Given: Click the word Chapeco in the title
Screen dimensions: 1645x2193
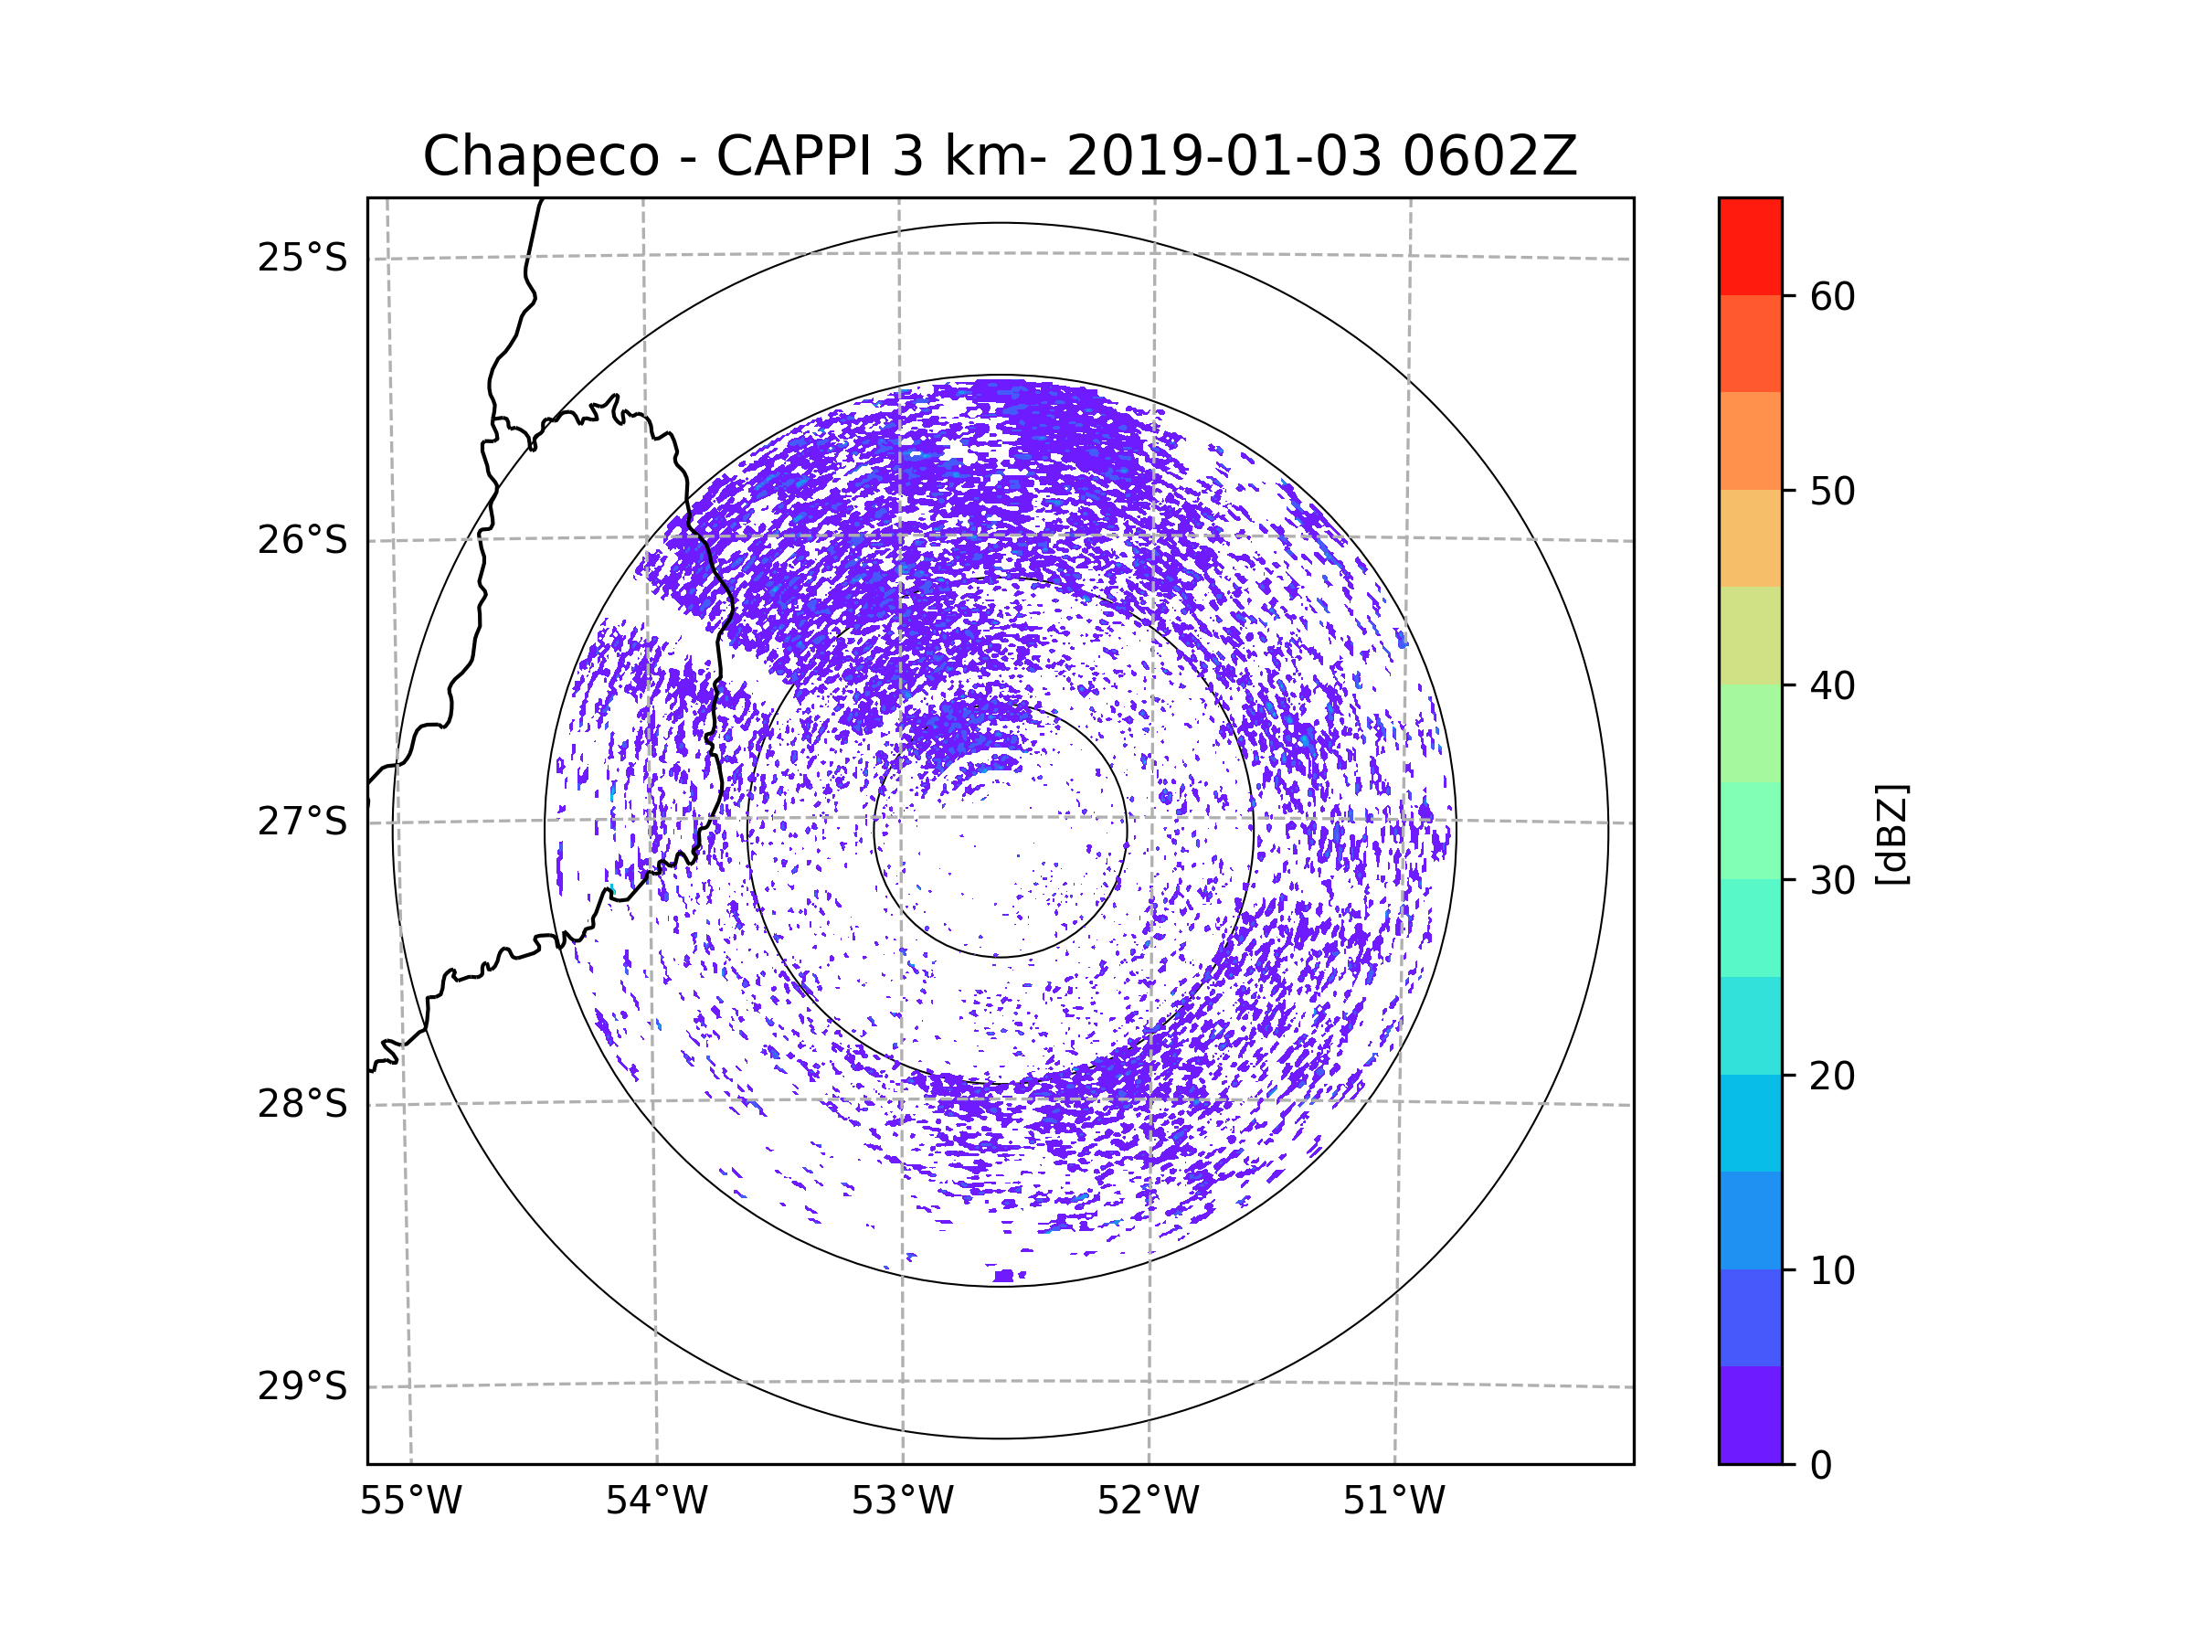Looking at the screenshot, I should click(540, 156).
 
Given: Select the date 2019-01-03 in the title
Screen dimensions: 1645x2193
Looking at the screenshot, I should click(1224, 156).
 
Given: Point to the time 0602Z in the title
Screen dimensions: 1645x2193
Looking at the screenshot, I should click(1489, 156).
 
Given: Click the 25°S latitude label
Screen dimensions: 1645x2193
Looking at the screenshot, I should click(302, 258).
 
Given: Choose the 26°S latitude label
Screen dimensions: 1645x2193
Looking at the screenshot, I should click(302, 540).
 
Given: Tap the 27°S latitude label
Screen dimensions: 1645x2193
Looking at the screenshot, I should click(302, 822).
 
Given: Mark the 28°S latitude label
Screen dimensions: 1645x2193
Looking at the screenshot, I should click(302, 1104).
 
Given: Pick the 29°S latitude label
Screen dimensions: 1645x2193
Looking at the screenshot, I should click(302, 1386).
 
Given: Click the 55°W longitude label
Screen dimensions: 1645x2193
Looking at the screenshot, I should click(410, 1502).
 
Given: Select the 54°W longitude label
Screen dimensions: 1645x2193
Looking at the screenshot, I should click(656, 1502).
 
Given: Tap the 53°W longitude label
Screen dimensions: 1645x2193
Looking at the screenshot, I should click(902, 1502).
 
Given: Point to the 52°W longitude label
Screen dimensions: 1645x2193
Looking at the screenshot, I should click(1148, 1502).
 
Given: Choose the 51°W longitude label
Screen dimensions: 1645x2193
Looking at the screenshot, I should click(1393, 1502).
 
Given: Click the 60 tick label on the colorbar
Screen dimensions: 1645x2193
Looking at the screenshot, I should click(1832, 296).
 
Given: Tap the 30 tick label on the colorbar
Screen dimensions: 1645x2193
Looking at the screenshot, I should click(1832, 880).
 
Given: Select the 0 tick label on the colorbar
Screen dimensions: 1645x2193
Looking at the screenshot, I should click(1821, 1466).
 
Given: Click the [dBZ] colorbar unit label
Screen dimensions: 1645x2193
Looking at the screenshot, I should click(1891, 833).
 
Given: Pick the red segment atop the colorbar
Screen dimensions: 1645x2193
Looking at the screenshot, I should click(1750, 246).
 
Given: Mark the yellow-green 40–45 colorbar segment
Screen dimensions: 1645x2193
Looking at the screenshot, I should click(1750, 635).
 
